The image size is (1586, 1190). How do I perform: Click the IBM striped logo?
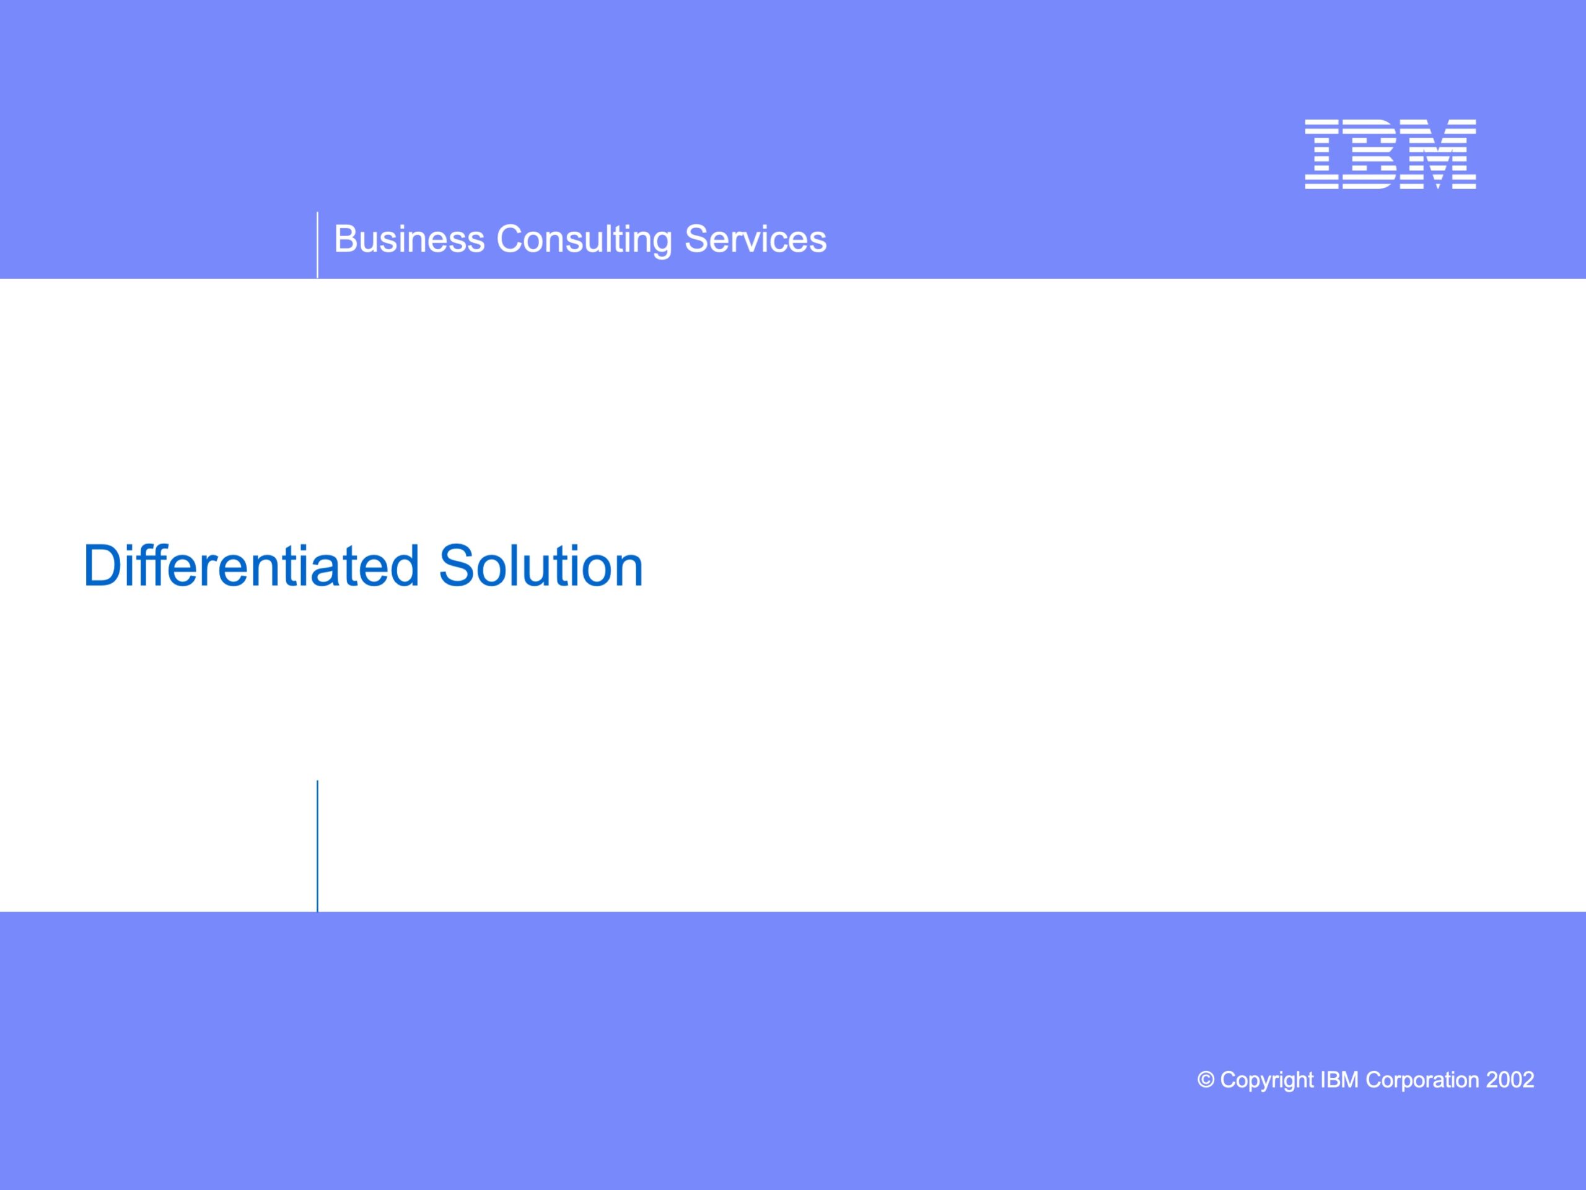1390,154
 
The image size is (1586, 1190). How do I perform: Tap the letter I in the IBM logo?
1322,154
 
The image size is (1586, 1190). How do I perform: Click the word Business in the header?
410,239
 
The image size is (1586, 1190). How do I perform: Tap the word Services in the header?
755,239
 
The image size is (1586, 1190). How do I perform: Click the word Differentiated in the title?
252,566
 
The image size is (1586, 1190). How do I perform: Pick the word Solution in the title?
541,566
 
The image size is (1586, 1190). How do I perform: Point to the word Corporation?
1422,1081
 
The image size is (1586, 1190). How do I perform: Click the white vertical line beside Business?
317,245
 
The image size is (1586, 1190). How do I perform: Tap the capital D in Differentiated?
102,566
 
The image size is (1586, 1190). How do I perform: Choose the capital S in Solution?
457,566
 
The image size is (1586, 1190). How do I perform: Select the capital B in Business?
347,239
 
